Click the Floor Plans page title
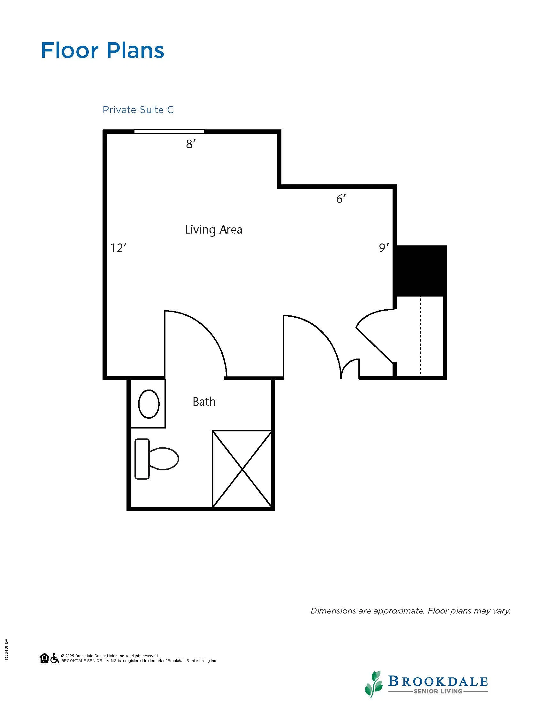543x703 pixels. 103,50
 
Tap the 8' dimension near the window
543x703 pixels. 191,144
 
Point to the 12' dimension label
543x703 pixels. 118,248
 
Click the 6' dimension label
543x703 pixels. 341,199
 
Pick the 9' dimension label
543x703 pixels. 383,248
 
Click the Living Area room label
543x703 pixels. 214,230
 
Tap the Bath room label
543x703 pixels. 204,401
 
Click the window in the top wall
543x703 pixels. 169,131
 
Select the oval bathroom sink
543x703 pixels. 149,404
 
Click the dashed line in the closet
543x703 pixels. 420,336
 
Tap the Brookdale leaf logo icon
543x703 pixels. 374,684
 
